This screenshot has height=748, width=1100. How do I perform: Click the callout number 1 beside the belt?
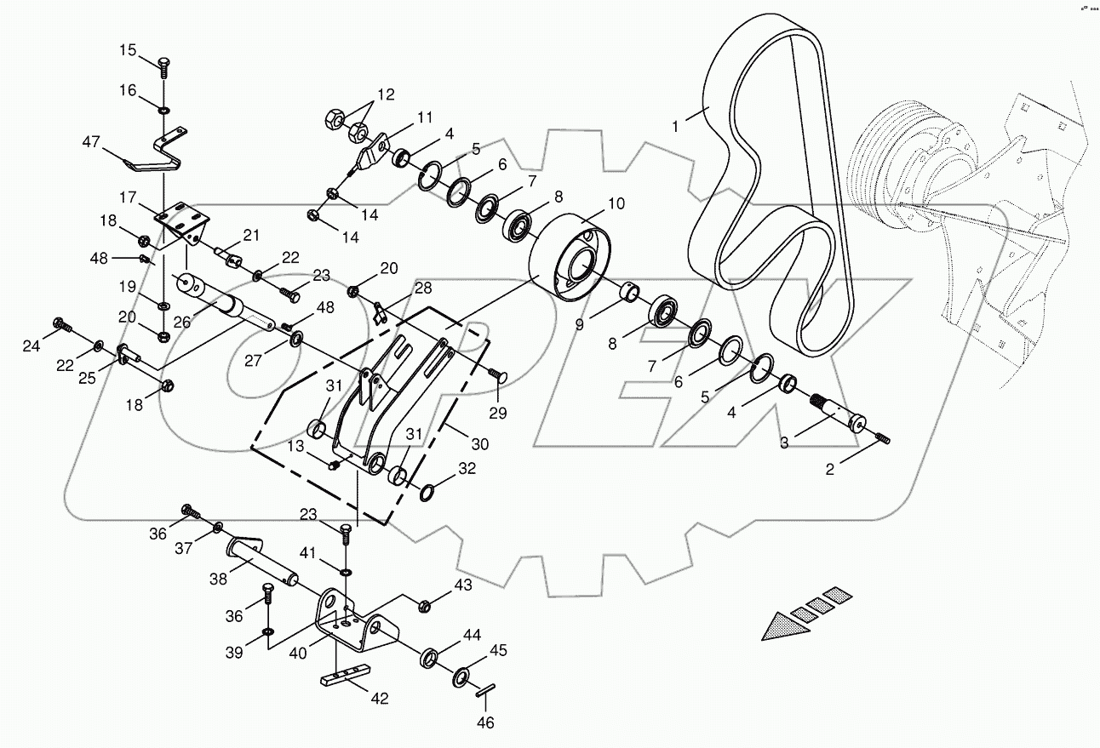click(x=675, y=126)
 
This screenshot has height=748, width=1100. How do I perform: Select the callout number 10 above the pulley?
click(x=616, y=204)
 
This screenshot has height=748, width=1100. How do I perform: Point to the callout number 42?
click(x=380, y=698)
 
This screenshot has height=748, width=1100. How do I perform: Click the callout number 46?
click(x=485, y=723)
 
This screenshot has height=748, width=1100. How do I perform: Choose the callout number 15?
click(x=127, y=51)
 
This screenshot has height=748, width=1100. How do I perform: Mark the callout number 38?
click(x=219, y=578)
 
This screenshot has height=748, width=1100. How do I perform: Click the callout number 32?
click(x=467, y=468)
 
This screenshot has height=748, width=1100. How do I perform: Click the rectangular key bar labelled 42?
click(x=345, y=677)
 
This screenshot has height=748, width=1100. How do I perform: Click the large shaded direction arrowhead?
click(x=781, y=629)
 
